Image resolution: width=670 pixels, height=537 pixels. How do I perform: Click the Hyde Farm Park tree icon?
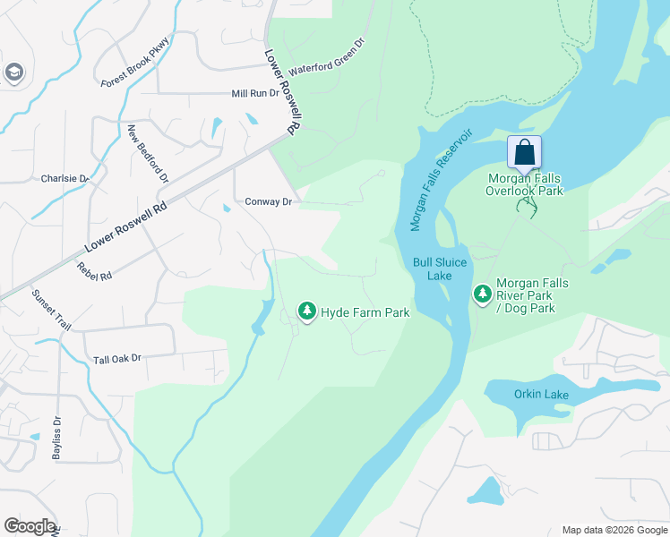pos(307,311)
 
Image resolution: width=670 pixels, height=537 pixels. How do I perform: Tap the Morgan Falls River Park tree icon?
pos(483,294)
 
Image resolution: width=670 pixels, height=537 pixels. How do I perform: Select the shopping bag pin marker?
pos(524,153)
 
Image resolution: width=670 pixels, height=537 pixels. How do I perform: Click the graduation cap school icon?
pos(13,72)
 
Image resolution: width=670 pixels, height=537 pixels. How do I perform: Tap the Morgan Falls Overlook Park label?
pos(524,184)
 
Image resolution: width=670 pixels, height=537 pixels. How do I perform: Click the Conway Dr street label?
pos(269,202)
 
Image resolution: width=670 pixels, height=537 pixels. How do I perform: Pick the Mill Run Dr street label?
pos(255,93)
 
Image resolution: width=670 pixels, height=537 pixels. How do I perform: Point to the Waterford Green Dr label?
pos(328,56)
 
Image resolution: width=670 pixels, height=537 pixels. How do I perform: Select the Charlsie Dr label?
pos(65,178)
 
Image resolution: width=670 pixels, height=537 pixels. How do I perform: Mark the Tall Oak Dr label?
pos(117,359)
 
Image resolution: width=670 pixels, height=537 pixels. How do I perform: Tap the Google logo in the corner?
pos(30,526)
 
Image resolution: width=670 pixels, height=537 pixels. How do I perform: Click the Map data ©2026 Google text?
pos(614,530)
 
